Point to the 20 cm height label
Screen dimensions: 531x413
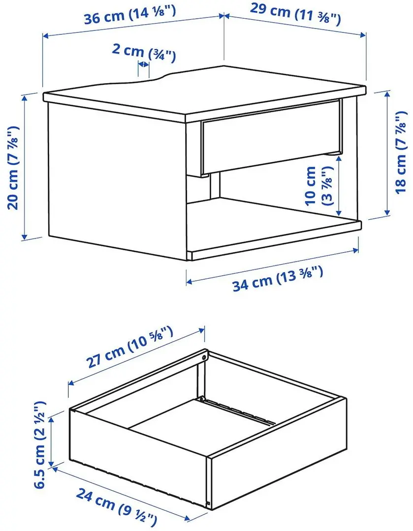pos(13,168)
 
